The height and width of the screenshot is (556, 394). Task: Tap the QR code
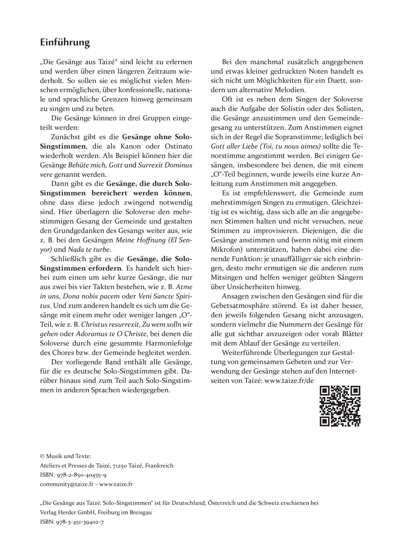340,406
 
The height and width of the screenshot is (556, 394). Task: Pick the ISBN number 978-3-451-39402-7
80,523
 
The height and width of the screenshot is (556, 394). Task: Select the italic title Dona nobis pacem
91,296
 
